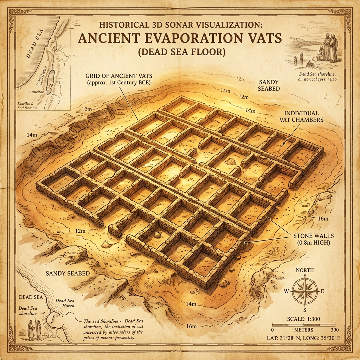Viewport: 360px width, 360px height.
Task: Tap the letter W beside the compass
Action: (x=287, y=291)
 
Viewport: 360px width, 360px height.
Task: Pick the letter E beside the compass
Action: (x=322, y=291)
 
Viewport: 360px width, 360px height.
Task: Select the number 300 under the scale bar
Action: (x=334, y=330)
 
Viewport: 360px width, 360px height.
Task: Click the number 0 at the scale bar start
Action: (x=273, y=330)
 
